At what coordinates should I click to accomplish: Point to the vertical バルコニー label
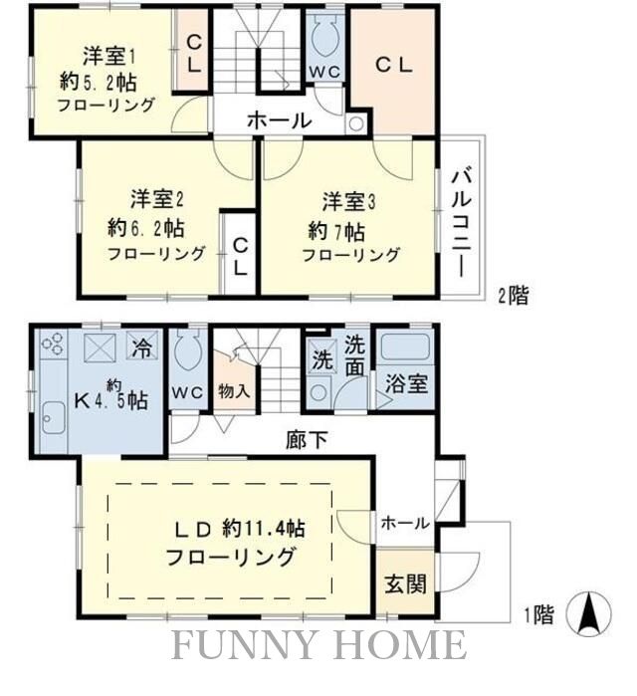pyautogui.click(x=461, y=221)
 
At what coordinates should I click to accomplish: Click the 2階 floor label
pyautogui.click(x=514, y=295)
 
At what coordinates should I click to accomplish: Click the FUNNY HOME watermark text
pyautogui.click(x=318, y=645)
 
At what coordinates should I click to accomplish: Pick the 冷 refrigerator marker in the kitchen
pyautogui.click(x=142, y=350)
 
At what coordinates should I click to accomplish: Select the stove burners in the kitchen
pyautogui.click(x=52, y=348)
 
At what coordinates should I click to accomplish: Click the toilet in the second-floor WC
pyautogui.click(x=324, y=40)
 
